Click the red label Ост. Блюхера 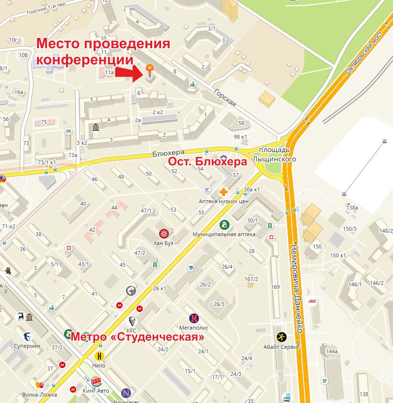coord(207,162)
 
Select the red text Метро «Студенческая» coord(137,338)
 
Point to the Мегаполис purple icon coord(194,318)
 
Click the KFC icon coord(131,321)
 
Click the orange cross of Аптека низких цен coord(223,192)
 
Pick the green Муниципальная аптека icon coord(224,225)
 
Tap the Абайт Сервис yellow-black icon coord(281,337)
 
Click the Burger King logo coord(97,381)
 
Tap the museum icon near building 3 coord(96,128)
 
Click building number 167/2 coord(251,279)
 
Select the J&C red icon coord(312,301)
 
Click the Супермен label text coord(27,346)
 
